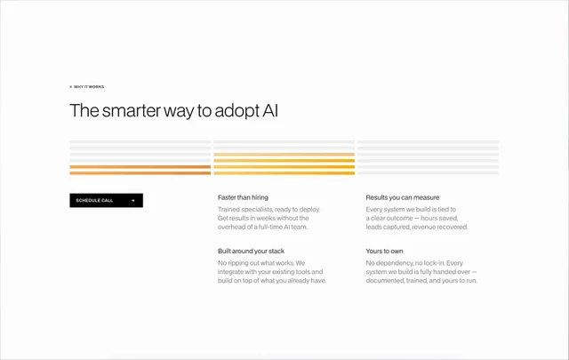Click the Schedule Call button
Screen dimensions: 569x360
pyautogui.click(x=107, y=200)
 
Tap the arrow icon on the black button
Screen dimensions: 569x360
pyautogui.click(x=132, y=200)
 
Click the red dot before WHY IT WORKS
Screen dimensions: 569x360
pyautogui.click(x=71, y=87)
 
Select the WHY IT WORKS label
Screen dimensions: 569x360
pyautogui.click(x=89, y=87)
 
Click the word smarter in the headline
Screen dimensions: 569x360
pyautogui.click(x=131, y=111)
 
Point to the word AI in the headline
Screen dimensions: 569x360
pyautogui.click(x=270, y=110)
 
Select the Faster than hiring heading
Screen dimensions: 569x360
pyautogui.click(x=243, y=197)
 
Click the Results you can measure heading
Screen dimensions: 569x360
pyautogui.click(x=403, y=197)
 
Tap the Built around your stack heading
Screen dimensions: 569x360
pyautogui.click(x=251, y=252)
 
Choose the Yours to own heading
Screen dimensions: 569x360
pyautogui.click(x=384, y=252)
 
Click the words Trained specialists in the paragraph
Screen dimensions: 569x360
pyautogui.click(x=245, y=210)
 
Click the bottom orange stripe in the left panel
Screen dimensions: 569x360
pyautogui.click(x=140, y=173)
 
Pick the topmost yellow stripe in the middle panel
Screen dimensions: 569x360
pyautogui.click(x=284, y=155)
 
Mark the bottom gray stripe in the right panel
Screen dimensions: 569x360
pyautogui.click(x=428, y=173)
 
